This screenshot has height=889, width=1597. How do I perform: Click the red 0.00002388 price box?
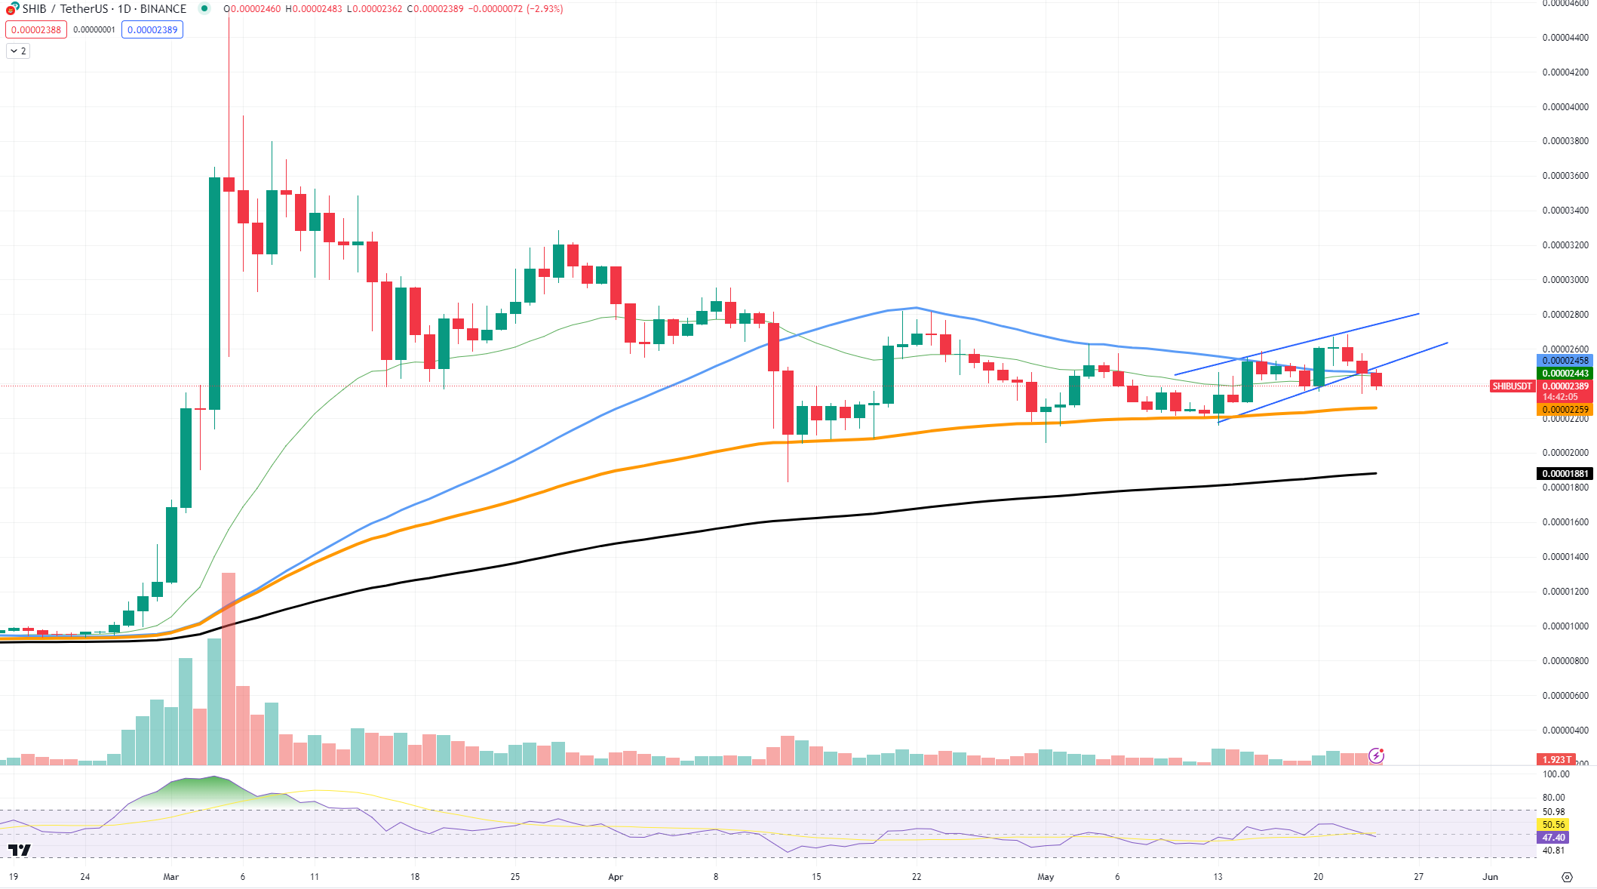(36, 30)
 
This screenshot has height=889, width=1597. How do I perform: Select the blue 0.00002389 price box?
(152, 30)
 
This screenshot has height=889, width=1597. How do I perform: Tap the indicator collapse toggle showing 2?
(18, 51)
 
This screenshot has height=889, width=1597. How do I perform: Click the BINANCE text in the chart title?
(163, 9)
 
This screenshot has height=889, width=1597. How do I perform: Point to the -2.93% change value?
(545, 9)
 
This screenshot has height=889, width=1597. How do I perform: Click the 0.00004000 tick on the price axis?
(1565, 106)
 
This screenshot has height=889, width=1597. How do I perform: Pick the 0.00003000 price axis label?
(1565, 280)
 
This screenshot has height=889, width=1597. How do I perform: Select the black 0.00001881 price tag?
(1565, 474)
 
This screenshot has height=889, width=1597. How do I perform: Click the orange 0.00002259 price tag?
(1565, 410)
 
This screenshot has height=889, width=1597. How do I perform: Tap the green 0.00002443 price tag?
(1565, 374)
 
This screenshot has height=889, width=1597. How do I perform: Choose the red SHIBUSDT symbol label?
(1512, 386)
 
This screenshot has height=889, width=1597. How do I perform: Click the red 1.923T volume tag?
(1556, 760)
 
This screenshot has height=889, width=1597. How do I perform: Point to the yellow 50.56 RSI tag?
(1553, 825)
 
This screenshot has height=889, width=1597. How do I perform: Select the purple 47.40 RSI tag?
(1553, 838)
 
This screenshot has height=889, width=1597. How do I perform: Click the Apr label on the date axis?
(616, 877)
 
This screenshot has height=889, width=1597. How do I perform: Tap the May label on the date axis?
(1046, 877)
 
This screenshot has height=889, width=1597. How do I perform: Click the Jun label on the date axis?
(1490, 877)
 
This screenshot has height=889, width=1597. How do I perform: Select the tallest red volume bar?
(229, 669)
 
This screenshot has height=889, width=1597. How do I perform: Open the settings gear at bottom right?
(1567, 877)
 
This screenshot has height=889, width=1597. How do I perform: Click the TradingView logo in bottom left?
(20, 851)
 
